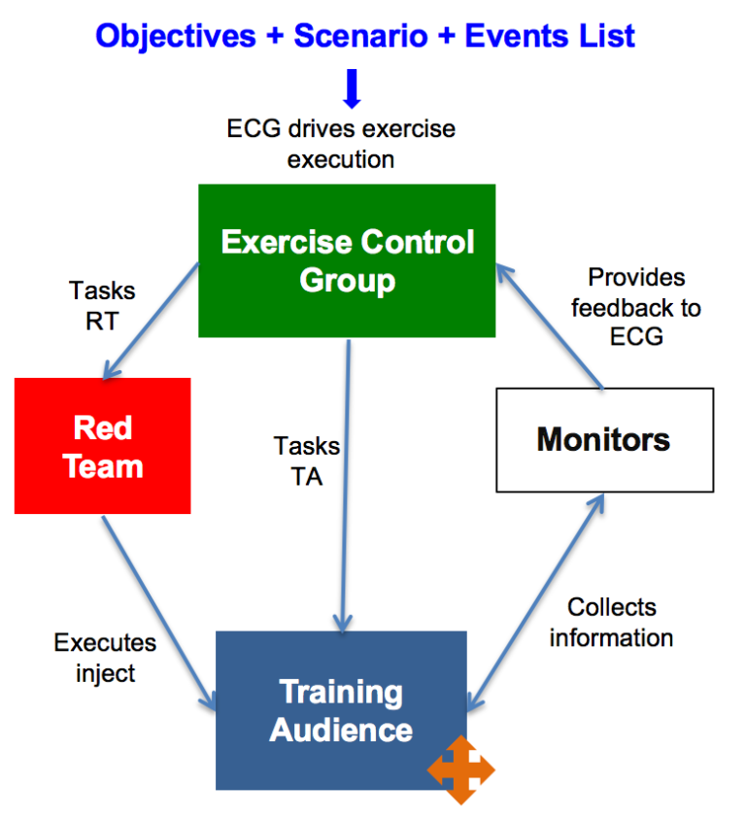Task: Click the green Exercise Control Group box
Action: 347,260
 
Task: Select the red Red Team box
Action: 102,446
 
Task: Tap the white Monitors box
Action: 604,439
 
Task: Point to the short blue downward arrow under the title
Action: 352,88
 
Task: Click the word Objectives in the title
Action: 176,37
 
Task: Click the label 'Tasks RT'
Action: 102,305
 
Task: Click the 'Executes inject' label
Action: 105,658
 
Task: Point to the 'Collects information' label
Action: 611,622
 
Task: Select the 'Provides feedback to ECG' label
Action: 635,308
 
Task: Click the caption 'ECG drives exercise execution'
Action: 341,143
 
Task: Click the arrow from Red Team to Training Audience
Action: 158,606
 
